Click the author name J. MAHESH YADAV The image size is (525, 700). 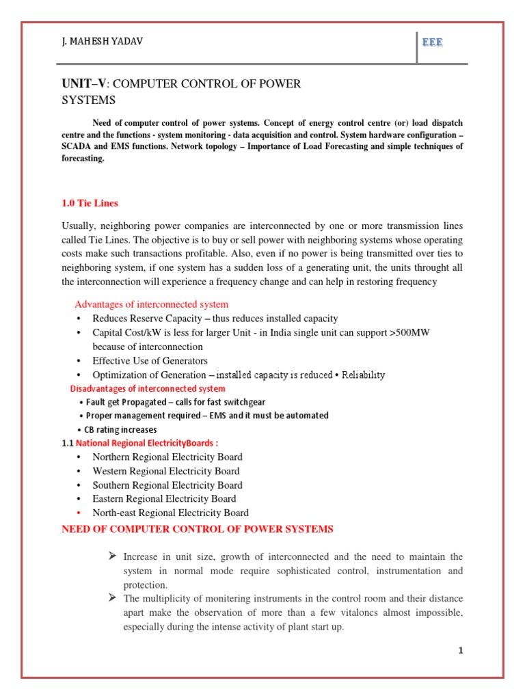pos(102,42)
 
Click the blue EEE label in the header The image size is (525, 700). pos(432,42)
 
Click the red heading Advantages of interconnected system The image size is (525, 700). pos(151,304)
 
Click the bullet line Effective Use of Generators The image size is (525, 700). pos(150,360)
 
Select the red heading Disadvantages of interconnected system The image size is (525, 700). pos(148,388)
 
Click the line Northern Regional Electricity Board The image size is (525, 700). pos(167,457)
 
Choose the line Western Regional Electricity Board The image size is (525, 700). pos(165,471)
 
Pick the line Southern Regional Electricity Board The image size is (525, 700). pos(166,485)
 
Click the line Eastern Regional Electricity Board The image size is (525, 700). pos(164,498)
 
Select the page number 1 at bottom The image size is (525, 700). pos(461,650)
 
